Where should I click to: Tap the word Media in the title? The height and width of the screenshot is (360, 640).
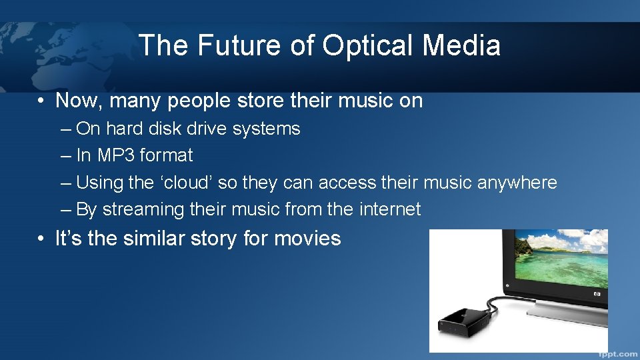coord(461,46)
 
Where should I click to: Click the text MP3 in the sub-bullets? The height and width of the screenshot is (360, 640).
coord(117,155)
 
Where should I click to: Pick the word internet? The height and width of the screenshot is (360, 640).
coord(390,209)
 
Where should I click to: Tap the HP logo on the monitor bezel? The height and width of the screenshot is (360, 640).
coord(597,294)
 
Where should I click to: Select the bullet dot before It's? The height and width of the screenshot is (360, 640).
coord(41,239)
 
